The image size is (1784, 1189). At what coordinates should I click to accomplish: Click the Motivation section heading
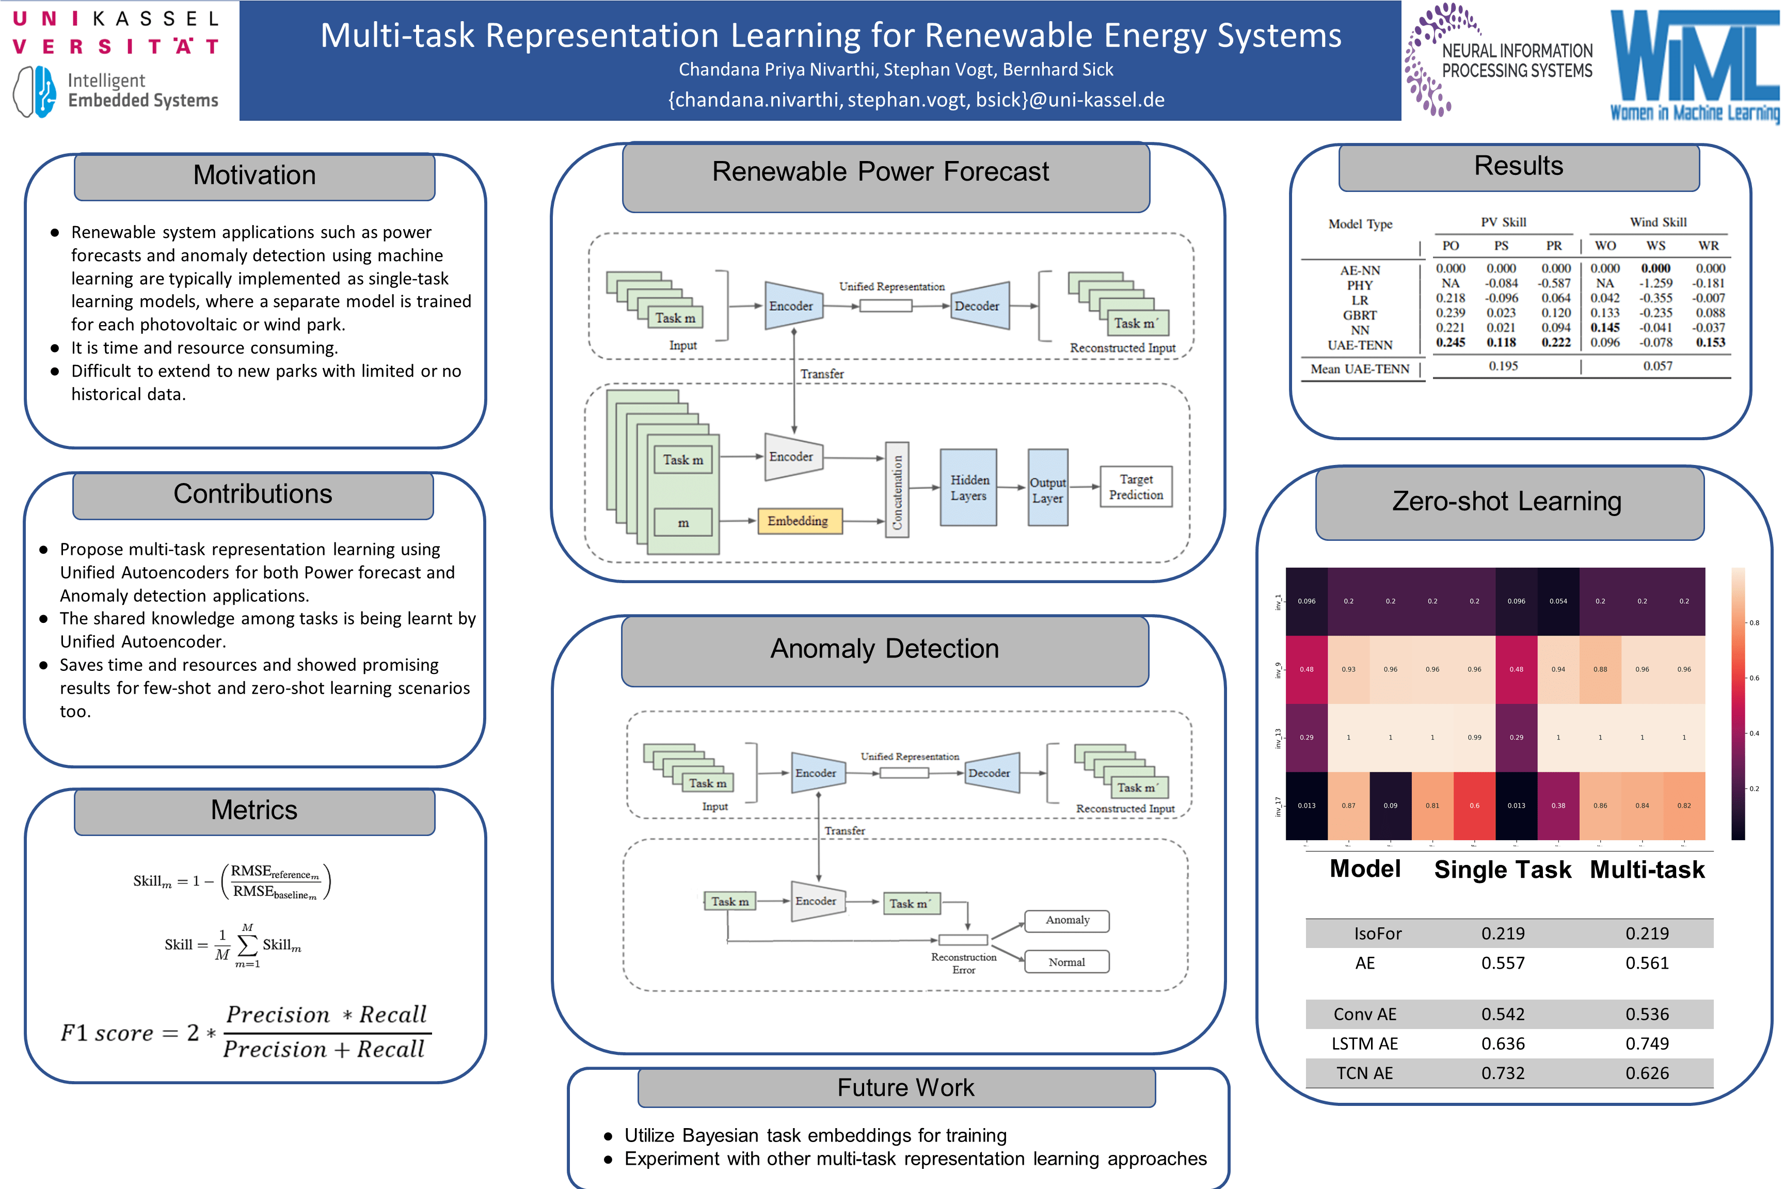click(254, 175)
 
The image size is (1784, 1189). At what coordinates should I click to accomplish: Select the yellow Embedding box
click(799, 521)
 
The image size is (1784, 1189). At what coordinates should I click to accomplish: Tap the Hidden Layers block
click(968, 488)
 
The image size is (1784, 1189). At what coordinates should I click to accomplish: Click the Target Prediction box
click(1136, 487)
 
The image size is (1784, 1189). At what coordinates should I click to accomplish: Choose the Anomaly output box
click(1066, 921)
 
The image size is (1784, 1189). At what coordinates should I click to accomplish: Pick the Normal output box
click(1066, 962)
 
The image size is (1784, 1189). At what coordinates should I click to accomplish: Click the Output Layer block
click(1047, 490)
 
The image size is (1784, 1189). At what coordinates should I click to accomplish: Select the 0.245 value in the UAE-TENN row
click(1450, 343)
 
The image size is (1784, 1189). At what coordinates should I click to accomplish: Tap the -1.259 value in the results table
click(1655, 283)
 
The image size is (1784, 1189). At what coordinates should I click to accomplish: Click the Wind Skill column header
click(1658, 222)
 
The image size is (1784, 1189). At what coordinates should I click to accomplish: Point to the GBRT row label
click(1359, 315)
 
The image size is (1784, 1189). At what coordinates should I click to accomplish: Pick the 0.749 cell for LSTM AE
click(1647, 1043)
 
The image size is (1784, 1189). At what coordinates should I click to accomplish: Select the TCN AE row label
click(1364, 1073)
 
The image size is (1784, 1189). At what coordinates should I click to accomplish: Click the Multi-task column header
click(1647, 870)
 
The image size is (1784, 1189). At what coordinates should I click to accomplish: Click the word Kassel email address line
click(916, 100)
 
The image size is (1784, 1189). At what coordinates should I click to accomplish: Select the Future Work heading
click(905, 1087)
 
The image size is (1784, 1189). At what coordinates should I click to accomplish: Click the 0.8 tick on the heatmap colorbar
click(1754, 622)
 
